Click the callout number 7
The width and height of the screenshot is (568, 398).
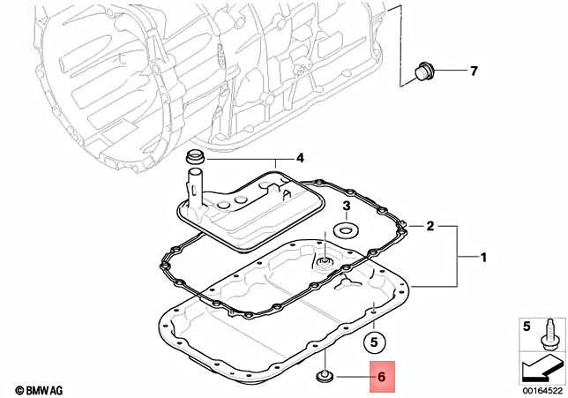point(473,71)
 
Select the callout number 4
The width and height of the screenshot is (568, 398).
point(299,159)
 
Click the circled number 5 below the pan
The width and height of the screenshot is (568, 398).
point(373,340)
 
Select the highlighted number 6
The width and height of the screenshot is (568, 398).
point(383,377)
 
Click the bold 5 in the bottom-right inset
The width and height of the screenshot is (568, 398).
point(527,327)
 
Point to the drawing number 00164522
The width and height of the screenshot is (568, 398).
point(538,389)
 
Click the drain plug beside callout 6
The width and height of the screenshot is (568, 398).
point(324,378)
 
